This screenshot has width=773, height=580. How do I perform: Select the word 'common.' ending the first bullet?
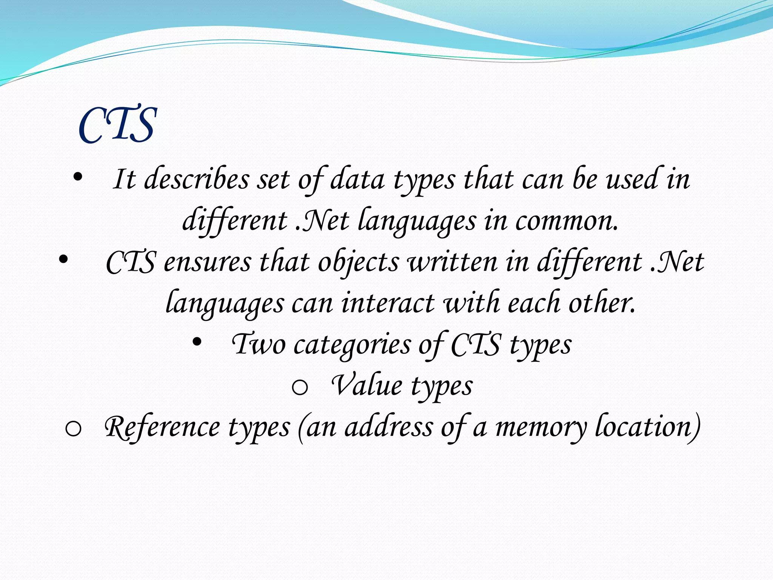567,221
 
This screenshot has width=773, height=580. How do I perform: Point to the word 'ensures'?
207,262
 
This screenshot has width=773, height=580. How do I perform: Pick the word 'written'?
452,262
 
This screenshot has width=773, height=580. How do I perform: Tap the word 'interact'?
388,303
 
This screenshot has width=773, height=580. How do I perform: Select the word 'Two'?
259,344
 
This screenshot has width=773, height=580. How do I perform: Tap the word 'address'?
388,427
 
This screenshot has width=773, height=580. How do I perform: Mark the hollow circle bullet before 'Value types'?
300,387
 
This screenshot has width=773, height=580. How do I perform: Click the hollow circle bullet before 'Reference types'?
73,429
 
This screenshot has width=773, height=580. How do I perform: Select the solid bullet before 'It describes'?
78,177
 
